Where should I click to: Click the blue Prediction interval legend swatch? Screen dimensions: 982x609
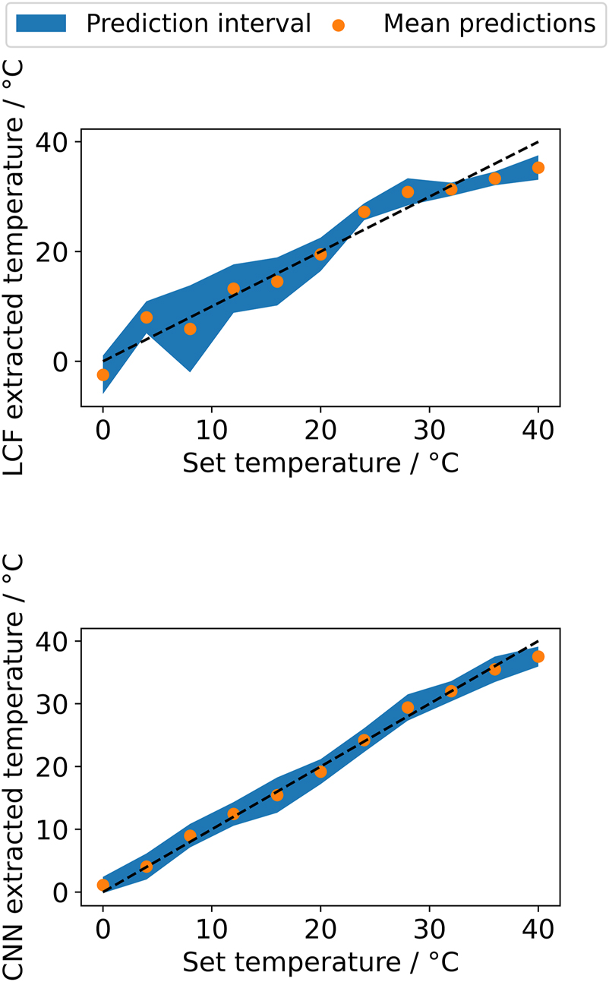point(46,24)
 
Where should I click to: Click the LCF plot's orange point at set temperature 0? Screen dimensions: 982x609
point(103,374)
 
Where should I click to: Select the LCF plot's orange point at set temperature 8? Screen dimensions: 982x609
point(190,329)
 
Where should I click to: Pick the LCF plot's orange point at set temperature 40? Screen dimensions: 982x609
point(538,168)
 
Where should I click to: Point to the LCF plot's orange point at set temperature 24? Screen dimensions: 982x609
point(364,212)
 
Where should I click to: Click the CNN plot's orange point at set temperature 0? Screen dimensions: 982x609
point(103,885)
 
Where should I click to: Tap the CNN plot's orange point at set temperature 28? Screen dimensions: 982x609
point(408,708)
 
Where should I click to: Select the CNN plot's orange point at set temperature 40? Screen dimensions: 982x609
point(538,656)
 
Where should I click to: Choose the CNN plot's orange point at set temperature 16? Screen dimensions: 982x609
point(277,795)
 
